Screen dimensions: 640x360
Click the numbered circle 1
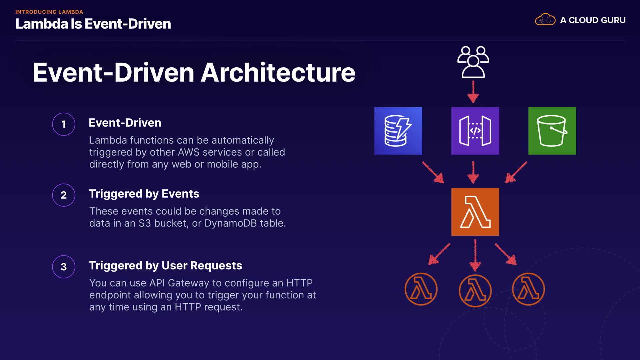coord(64,124)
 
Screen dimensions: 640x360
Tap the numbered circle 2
coord(64,195)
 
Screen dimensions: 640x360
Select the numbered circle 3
coord(64,267)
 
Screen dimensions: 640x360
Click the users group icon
coord(473,62)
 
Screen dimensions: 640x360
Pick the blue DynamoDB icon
coord(398,131)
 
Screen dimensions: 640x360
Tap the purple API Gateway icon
coord(475,131)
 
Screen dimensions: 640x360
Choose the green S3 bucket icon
coord(552,131)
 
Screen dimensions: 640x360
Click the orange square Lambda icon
coord(475,212)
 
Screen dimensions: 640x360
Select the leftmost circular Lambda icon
coord(421,289)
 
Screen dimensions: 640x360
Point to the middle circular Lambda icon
coord(475,290)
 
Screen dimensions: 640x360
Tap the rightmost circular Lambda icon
coord(528,289)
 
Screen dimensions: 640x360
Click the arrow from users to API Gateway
coord(473,92)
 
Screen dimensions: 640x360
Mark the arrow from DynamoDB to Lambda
coord(433,172)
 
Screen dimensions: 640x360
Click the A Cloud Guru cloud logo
coord(545,20)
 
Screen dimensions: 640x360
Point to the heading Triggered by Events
coord(144,194)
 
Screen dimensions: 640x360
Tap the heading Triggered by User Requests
coord(165,265)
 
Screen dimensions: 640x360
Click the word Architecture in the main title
coord(278,72)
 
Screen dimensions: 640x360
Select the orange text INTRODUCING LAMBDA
coord(49,12)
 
